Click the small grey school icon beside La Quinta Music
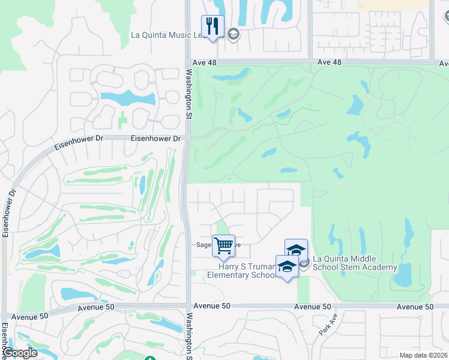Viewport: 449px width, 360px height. pos(234,34)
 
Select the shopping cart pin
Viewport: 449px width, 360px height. pos(223,245)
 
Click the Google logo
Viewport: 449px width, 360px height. pos(19,353)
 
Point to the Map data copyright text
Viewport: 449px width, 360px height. pos(424,355)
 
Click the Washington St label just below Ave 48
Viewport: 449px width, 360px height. pos(189,93)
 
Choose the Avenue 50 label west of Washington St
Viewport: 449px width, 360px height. pos(29,316)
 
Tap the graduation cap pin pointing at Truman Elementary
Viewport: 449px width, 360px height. pos(287,266)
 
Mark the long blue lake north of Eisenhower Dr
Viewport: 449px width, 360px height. pos(126,97)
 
